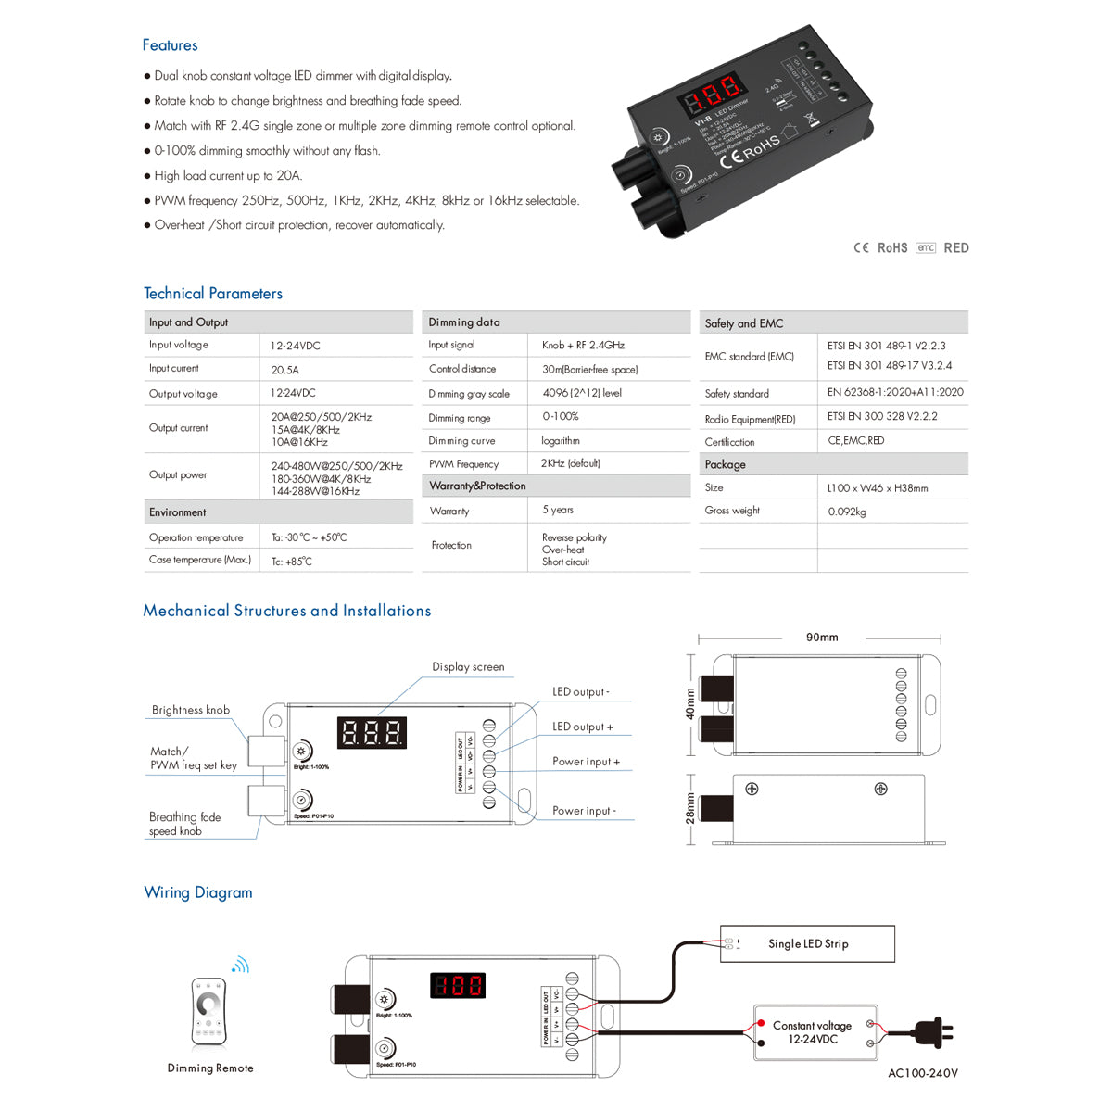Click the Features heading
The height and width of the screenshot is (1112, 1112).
tap(170, 44)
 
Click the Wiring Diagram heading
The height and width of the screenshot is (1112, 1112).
tap(197, 892)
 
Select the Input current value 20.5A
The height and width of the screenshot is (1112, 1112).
tap(284, 370)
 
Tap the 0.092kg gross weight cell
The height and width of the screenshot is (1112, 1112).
tap(847, 512)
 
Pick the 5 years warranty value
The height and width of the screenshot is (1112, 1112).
tap(557, 510)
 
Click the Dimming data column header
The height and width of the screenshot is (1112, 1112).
tap(464, 322)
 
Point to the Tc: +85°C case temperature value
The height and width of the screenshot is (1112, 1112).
tap(291, 562)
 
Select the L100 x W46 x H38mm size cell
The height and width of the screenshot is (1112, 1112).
tap(877, 488)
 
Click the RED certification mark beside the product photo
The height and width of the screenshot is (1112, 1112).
tap(955, 248)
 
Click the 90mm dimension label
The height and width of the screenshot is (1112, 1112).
tap(821, 638)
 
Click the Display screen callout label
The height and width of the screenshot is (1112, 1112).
tap(468, 667)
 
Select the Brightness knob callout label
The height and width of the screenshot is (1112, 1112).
tap(191, 710)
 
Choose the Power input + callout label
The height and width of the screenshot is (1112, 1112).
tap(586, 762)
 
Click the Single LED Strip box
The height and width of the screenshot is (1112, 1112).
tap(807, 943)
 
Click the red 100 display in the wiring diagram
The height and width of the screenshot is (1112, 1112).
tap(458, 986)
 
